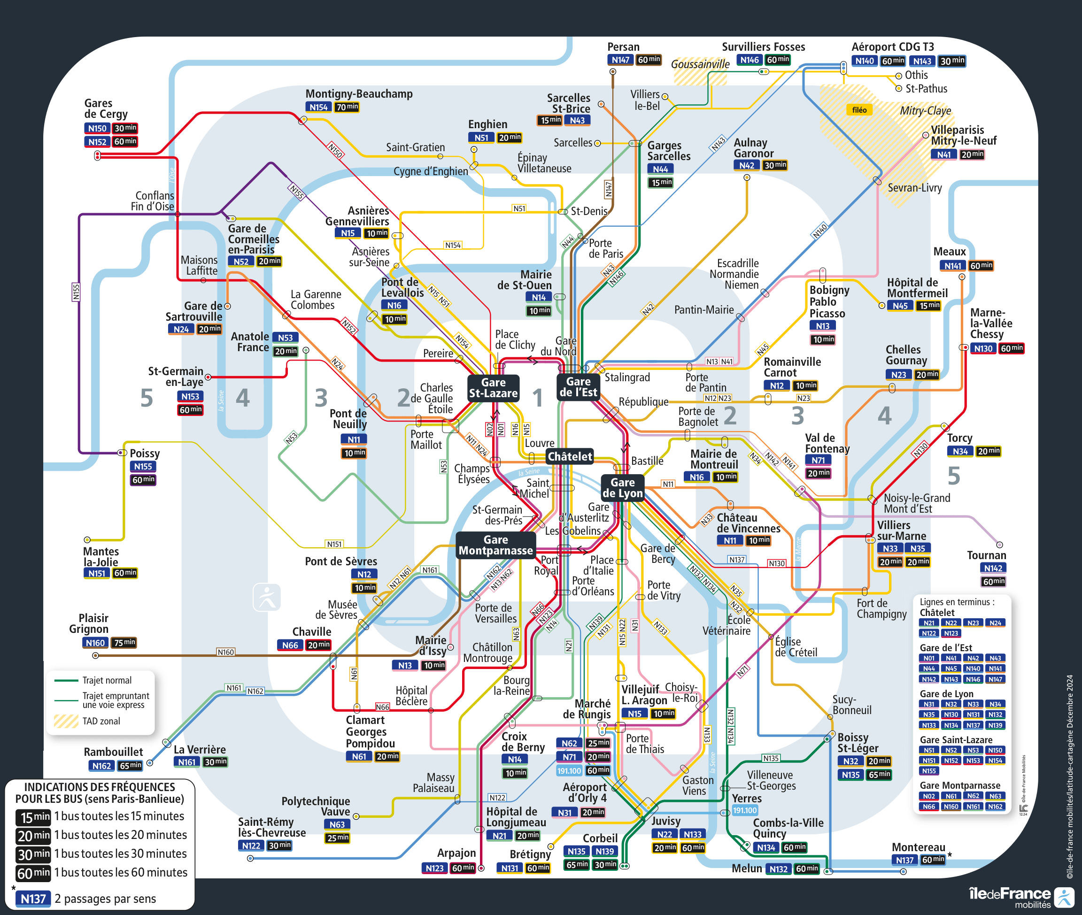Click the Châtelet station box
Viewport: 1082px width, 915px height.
569,456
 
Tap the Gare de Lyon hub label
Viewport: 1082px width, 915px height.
622,488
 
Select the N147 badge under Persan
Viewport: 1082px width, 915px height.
620,60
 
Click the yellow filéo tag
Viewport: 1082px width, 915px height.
859,110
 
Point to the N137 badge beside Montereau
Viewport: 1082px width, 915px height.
904,860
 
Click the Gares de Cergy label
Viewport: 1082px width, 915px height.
106,108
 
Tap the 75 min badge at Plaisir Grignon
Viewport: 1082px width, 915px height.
124,643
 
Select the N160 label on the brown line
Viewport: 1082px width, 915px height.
226,652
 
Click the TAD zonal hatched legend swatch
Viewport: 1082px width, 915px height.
66,721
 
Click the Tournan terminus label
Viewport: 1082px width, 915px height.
986,555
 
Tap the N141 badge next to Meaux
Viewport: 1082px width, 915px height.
952,266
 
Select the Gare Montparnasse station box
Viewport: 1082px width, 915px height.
495,545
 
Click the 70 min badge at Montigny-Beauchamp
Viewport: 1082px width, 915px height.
347,108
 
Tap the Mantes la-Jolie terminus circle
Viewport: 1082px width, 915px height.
87,540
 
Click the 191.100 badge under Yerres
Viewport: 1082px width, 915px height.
745,810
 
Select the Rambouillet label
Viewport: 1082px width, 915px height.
113,752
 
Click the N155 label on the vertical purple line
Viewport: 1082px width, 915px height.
76,292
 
